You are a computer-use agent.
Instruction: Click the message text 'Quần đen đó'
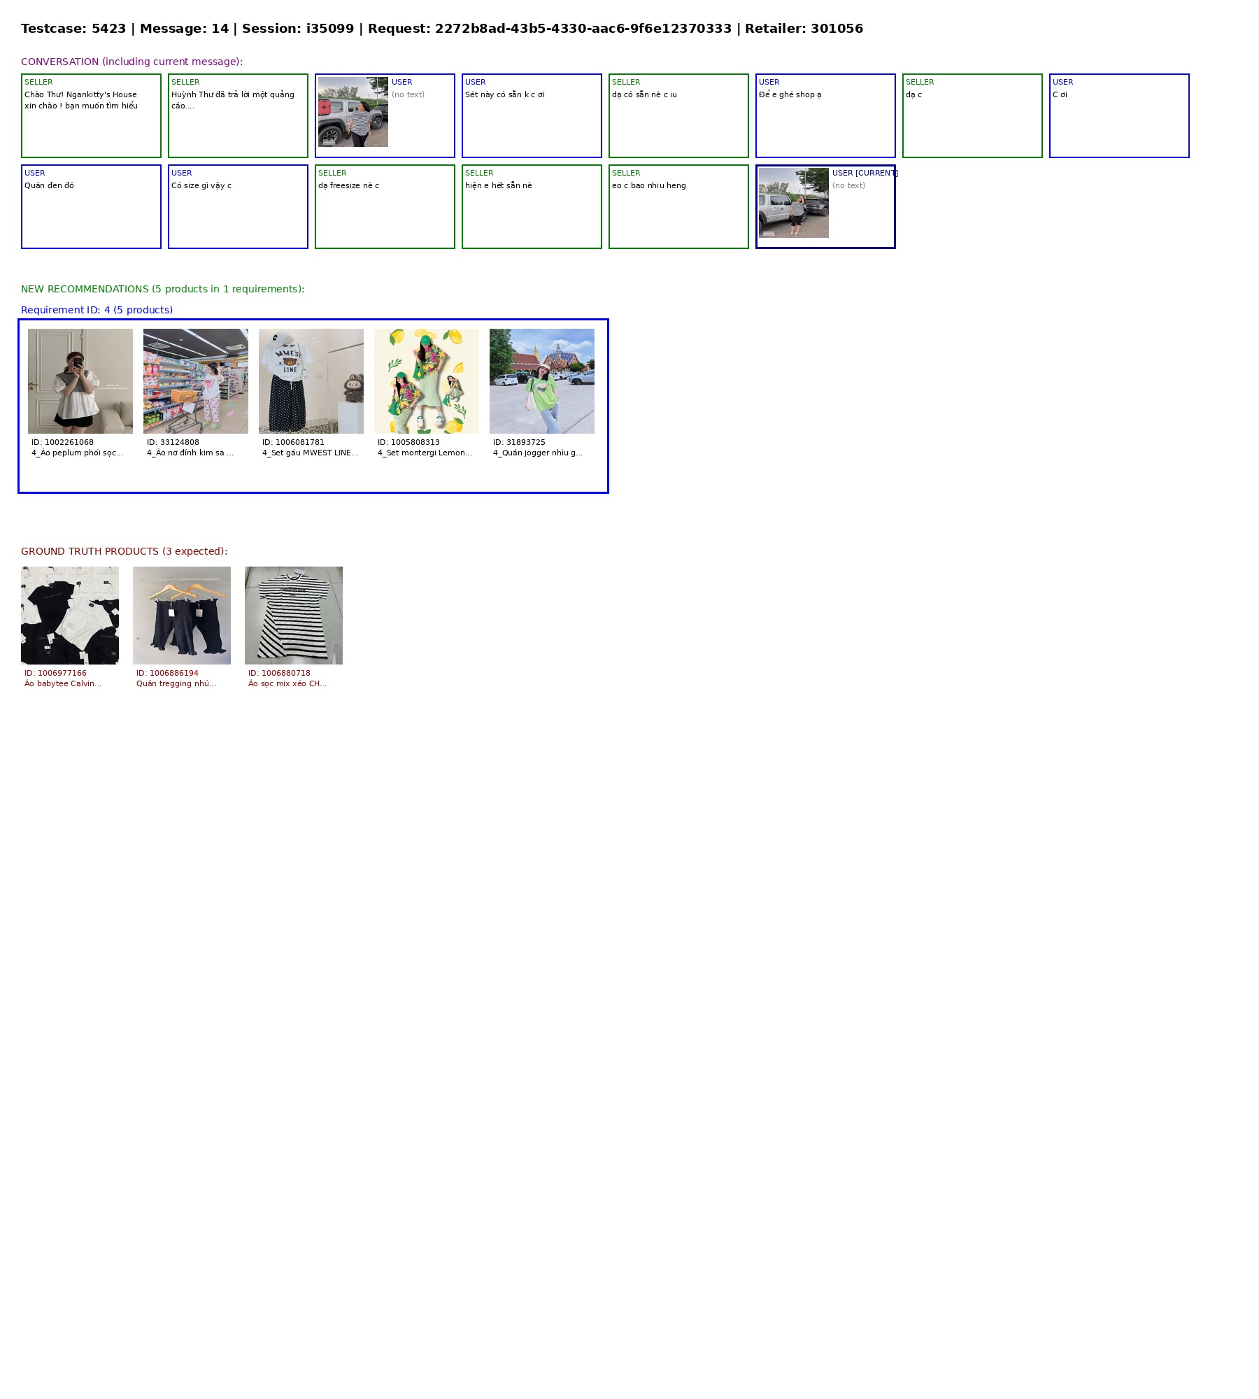point(49,185)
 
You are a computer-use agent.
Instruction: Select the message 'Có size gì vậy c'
point(201,185)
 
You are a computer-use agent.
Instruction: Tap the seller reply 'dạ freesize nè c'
point(348,185)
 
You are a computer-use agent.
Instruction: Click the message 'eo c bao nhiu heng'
point(649,185)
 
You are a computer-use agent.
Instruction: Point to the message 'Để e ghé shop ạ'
point(790,94)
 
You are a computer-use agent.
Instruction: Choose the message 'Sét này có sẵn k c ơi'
point(505,94)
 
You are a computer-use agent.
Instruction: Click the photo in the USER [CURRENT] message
point(794,203)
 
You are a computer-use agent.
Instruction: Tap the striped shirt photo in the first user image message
point(353,112)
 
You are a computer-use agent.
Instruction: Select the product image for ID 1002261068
point(80,381)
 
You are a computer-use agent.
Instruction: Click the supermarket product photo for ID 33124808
point(196,381)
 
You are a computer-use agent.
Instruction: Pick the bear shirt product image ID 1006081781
point(311,381)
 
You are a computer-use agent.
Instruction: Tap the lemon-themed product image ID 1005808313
point(427,381)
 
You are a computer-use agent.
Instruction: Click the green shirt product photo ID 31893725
point(542,381)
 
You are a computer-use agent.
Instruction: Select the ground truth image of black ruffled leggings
point(182,616)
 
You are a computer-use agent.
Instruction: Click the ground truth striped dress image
point(294,616)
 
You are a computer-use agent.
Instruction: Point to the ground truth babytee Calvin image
point(70,616)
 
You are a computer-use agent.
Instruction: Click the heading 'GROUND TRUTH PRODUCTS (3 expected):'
point(125,551)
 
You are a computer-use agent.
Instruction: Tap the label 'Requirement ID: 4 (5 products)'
point(97,310)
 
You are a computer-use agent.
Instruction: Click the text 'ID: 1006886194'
point(168,673)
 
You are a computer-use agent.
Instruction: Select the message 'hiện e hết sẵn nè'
point(499,185)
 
